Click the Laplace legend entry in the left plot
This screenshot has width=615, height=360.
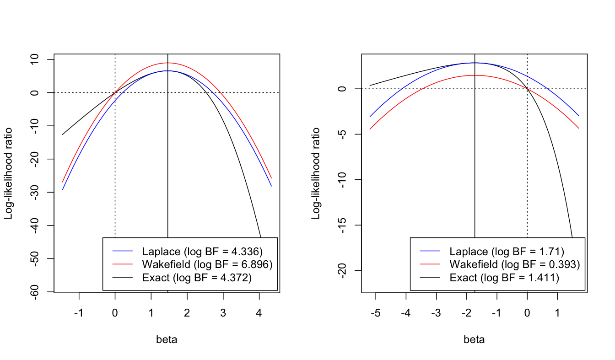click(x=202, y=252)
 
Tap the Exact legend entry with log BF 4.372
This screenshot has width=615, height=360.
click(x=197, y=277)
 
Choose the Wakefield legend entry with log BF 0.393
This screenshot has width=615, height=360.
click(x=515, y=264)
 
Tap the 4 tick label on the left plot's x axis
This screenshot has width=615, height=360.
click(x=259, y=314)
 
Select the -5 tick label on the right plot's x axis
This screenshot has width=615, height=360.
click(x=375, y=314)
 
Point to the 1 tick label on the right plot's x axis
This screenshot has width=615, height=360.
click(x=557, y=314)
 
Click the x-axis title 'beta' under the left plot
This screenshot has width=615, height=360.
click(x=167, y=340)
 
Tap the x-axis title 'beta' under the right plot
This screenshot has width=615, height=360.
click(x=474, y=340)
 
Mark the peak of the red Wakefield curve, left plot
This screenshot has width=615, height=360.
click(x=168, y=63)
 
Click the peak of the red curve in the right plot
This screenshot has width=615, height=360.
click(x=475, y=75)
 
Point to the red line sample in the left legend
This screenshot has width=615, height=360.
click(x=123, y=264)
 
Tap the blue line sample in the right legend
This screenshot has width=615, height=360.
click(x=430, y=252)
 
